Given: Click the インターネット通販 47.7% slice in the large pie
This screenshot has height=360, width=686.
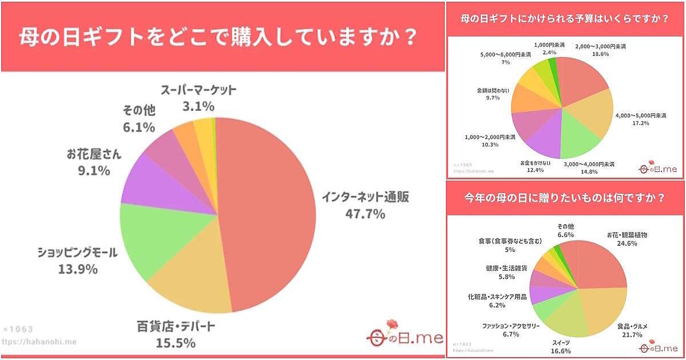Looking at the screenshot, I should click(x=269, y=211).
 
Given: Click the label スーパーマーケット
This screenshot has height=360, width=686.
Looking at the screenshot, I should click(x=198, y=90).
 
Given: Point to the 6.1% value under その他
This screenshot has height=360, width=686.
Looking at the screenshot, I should click(x=138, y=127).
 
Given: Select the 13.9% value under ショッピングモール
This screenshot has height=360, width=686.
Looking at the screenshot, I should click(x=77, y=269).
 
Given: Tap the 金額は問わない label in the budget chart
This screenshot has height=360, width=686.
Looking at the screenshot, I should click(x=492, y=90).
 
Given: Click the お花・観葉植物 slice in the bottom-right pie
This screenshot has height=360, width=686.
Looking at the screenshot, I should click(x=600, y=263).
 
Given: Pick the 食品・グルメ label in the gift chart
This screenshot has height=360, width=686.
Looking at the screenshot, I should click(x=632, y=326).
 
